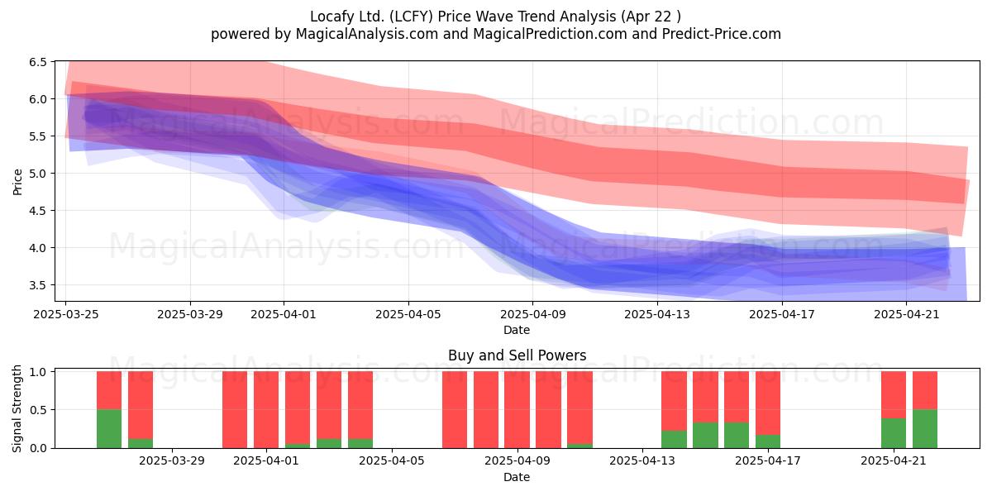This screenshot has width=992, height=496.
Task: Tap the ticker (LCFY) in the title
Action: click(411, 17)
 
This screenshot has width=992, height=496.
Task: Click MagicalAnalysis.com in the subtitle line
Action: click(367, 34)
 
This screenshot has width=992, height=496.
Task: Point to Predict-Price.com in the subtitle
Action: click(722, 34)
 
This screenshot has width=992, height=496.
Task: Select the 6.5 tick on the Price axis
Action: click(38, 62)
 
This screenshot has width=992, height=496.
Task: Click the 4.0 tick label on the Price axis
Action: click(38, 248)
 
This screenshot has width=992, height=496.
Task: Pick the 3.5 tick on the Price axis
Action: click(38, 285)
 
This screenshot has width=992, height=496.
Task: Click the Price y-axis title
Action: click(17, 182)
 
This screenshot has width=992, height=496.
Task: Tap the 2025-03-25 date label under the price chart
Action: click(66, 314)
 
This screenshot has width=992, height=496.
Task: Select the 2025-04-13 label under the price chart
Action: click(657, 314)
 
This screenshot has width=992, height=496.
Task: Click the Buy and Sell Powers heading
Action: click(517, 355)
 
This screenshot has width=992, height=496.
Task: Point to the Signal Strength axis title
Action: click(17, 408)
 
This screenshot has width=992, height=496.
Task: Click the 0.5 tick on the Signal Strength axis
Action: click(38, 410)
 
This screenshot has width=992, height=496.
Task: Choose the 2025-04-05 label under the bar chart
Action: click(392, 461)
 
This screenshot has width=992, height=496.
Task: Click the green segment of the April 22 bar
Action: click(925, 429)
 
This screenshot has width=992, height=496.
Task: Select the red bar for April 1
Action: click(266, 410)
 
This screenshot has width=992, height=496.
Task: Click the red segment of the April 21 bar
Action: click(894, 394)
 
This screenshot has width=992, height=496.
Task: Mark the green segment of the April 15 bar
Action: click(705, 436)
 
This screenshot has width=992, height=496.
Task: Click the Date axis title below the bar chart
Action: click(517, 477)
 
